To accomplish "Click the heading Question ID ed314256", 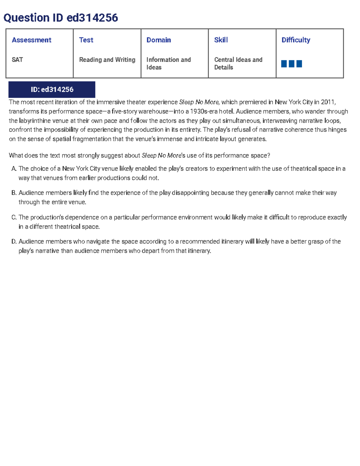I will coord(61,18).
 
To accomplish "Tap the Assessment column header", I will coord(31,40).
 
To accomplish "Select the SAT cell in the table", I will coord(17,60).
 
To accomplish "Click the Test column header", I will coord(86,40).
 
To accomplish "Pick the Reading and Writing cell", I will coord(107,60).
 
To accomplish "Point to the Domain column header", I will coord(159,40).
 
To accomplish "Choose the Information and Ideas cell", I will coord(168,63).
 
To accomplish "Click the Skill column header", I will coord(221,40).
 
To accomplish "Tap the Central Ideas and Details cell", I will coord(238,63).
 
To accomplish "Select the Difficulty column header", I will coord(296,40).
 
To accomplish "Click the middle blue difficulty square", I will coord(292,64).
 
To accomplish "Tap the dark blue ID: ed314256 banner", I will coord(52,89).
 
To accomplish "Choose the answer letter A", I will coord(14,169).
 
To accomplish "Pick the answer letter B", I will coord(14,193).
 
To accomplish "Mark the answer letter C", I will coord(14,217).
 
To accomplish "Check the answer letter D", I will coord(14,242).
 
